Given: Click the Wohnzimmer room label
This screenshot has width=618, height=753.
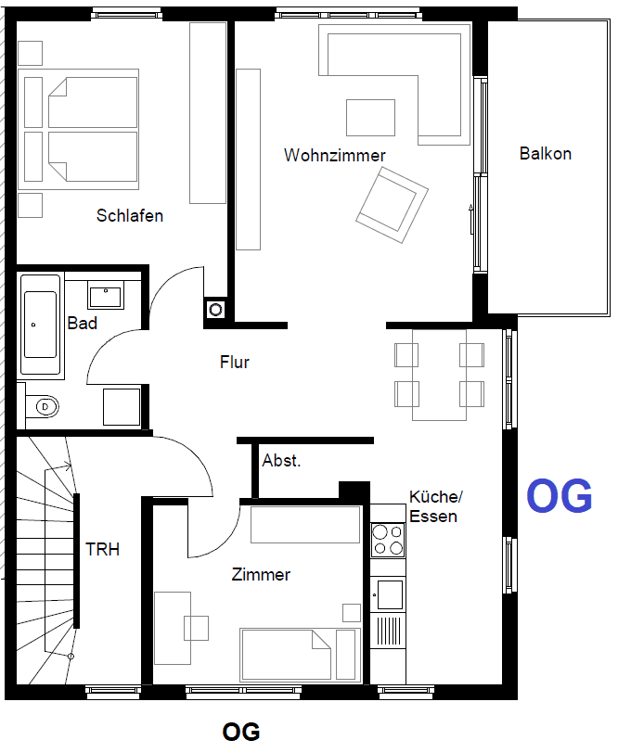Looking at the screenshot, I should point(334,156).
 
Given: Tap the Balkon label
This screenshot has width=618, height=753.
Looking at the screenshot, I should point(545,154).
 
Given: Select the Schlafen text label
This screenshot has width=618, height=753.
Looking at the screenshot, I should point(130,216).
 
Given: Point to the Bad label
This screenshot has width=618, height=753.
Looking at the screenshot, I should point(83,324).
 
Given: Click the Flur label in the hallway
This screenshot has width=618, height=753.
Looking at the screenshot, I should point(235,363).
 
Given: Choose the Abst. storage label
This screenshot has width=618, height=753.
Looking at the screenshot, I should point(281,461).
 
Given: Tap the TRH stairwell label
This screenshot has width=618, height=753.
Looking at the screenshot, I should point(103,549).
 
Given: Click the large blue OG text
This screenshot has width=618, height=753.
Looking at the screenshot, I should point(560,497).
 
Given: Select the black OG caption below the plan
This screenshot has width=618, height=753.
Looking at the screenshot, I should point(241,733).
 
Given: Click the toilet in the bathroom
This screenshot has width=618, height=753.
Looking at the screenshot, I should point(43,406).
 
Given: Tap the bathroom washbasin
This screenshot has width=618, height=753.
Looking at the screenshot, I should point(106,296).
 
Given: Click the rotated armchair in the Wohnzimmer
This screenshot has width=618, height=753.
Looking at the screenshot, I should point(392,204).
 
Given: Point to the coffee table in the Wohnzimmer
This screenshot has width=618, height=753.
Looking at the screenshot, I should point(371,118).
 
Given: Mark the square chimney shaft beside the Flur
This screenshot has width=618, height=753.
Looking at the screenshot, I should point(216,309).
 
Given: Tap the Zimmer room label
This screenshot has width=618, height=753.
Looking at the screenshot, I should point(261,575).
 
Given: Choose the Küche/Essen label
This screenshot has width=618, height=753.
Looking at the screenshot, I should point(433,507).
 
